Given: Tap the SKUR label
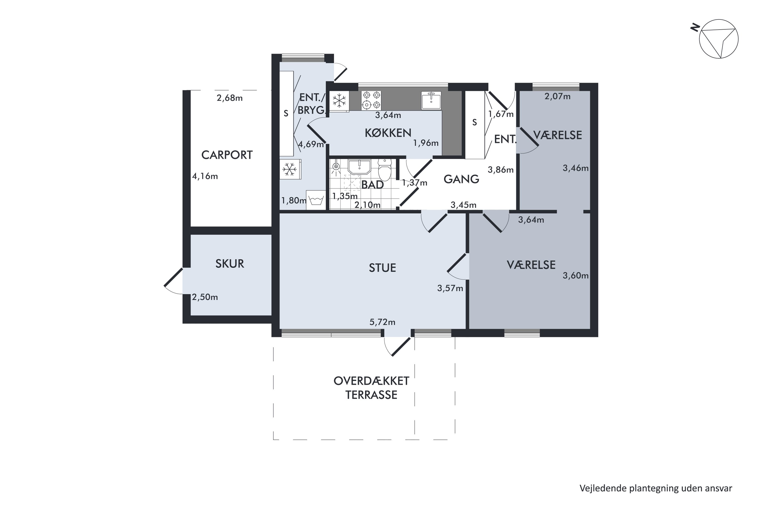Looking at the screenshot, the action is pos(230,264).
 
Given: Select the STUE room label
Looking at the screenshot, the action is pos(383,268).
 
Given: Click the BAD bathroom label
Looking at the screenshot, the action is pos(373,185).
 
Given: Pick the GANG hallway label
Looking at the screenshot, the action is pos(461,179).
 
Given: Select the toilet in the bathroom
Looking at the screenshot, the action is pos(385,170).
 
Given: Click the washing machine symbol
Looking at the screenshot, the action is pos(316,200).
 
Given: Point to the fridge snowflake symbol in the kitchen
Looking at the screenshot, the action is pos(339,100).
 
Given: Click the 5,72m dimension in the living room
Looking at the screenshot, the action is pos(382,322).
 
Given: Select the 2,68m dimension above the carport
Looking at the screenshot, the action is pos(230,98).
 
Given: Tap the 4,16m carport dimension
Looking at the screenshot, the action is pos(205,176).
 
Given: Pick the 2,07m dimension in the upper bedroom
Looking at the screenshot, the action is pos(557,96).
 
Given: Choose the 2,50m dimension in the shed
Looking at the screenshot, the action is pos(205,297).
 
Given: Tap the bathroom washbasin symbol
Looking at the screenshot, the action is pos(359,166).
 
